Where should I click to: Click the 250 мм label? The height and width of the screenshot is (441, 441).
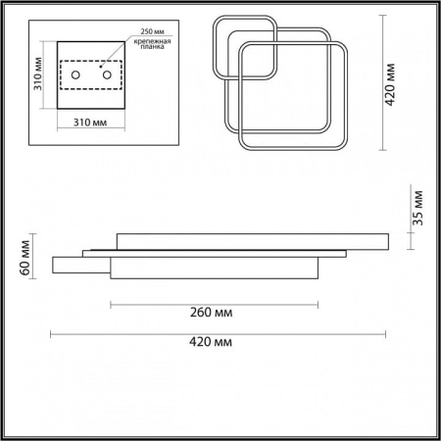(152, 31)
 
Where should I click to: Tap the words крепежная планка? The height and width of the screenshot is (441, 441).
(152, 44)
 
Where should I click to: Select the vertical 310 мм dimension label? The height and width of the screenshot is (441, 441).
(38, 73)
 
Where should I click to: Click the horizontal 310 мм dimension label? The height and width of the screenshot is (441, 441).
(90, 122)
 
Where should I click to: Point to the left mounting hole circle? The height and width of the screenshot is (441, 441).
(75, 75)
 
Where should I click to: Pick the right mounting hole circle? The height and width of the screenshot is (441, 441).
(107, 75)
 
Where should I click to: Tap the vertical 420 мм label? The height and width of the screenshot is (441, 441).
(390, 84)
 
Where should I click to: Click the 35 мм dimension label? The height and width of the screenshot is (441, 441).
(417, 208)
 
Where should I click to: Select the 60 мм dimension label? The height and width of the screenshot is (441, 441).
(25, 258)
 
